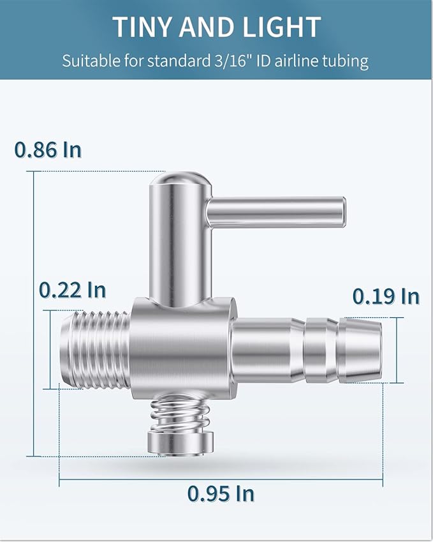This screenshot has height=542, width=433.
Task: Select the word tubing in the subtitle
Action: (x=345, y=62)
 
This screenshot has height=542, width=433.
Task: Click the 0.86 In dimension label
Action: (x=48, y=149)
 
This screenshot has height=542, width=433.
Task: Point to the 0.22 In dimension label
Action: (x=72, y=290)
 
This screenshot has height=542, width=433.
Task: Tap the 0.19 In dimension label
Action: (x=386, y=296)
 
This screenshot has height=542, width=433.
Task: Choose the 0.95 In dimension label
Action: (x=221, y=493)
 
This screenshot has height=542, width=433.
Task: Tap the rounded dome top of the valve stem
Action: (x=180, y=181)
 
